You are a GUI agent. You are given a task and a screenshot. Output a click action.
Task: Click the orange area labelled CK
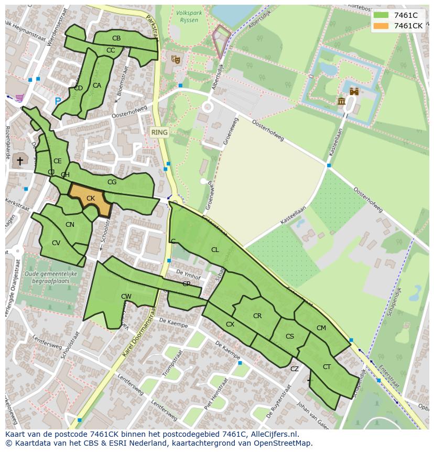click(90, 199)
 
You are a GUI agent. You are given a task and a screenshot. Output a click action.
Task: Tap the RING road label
click(159, 132)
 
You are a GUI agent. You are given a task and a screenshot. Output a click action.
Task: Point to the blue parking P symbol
click(58, 101)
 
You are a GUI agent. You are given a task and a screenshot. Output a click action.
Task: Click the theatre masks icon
click(176, 59)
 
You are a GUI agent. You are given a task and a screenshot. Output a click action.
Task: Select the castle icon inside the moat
click(354, 91)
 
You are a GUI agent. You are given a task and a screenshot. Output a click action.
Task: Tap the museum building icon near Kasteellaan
click(342, 101)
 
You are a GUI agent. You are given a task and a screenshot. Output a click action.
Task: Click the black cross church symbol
click(20, 161)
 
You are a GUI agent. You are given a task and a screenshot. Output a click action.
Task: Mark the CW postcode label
click(126, 297)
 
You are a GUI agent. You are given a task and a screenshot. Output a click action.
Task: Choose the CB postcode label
click(116, 38)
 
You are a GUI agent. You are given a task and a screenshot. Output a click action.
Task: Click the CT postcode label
click(327, 367)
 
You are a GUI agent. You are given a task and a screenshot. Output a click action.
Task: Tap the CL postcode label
click(215, 250)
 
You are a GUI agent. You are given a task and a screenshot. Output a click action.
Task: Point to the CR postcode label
click(257, 316)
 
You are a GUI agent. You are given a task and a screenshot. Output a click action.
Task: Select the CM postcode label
click(321, 328)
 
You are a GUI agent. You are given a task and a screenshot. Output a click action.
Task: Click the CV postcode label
click(56, 243)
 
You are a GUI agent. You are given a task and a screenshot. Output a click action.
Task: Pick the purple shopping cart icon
click(19, 98)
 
